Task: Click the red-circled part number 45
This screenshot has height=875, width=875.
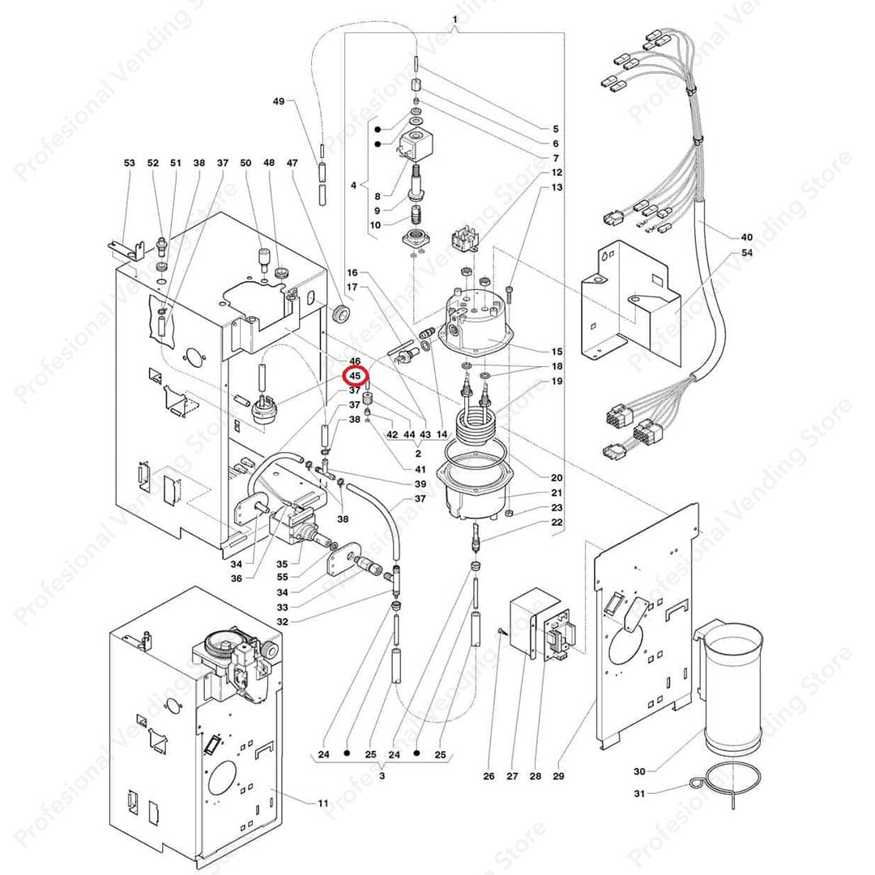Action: click(x=355, y=377)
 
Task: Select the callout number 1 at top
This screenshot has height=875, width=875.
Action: click(x=454, y=19)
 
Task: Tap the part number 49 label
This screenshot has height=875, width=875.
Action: click(x=279, y=101)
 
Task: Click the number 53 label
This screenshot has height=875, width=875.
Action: click(x=130, y=164)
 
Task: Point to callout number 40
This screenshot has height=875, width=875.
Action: click(x=746, y=237)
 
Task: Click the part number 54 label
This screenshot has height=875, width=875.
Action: click(x=746, y=254)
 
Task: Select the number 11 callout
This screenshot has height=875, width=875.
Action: click(x=323, y=803)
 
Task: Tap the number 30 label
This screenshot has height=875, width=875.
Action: click(x=639, y=770)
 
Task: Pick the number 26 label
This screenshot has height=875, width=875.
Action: click(x=489, y=777)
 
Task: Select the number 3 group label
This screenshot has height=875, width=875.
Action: click(x=382, y=776)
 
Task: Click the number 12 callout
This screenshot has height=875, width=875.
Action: click(x=557, y=173)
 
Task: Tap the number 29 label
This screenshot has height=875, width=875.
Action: click(x=558, y=777)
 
